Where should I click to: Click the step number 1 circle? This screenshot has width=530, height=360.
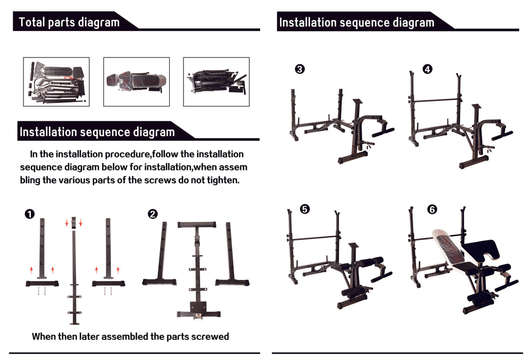point(30,214)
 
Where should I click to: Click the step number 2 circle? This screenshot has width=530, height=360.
point(153,214)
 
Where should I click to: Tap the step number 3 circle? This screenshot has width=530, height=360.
point(299,69)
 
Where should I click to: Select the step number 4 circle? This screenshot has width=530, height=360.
point(427,69)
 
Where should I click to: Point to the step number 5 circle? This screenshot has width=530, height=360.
point(304,209)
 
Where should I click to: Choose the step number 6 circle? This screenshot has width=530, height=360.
point(432,209)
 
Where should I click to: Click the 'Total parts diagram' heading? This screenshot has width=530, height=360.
point(69,22)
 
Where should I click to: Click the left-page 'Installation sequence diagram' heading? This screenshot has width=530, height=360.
point(97,132)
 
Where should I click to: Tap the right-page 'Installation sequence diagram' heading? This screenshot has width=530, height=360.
point(356,23)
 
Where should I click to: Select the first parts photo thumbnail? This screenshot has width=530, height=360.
point(56,82)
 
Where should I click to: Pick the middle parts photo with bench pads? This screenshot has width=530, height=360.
point(136,82)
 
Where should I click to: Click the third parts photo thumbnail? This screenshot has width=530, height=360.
point(216,82)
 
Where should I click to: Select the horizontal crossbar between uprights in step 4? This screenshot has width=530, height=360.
point(435,101)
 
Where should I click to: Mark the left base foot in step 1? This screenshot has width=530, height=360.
point(42,283)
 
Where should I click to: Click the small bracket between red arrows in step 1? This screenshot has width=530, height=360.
point(74,222)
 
